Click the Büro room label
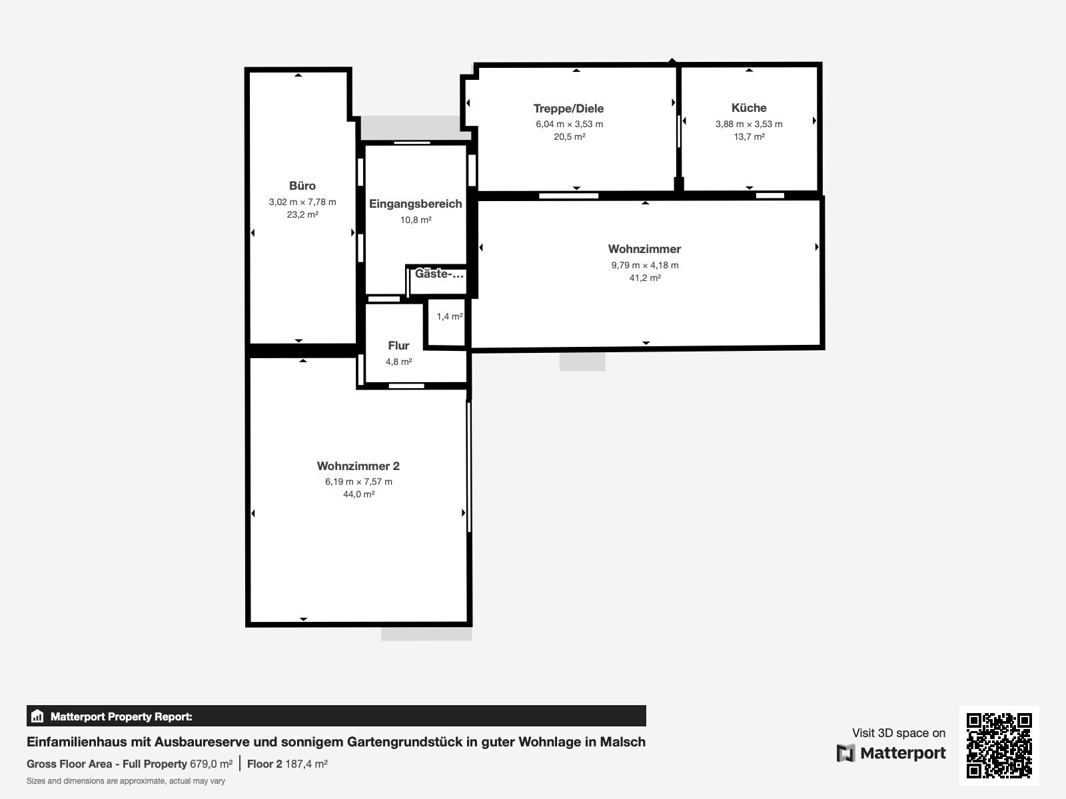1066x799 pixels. click(302, 186)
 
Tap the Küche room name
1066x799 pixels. click(749, 108)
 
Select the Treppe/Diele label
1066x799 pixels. click(569, 109)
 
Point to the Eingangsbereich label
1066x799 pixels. click(415, 204)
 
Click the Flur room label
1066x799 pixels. click(398, 346)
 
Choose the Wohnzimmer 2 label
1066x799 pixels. click(358, 466)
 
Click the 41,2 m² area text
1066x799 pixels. click(645, 278)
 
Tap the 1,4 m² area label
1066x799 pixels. click(449, 316)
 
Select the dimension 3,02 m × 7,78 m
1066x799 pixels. click(302, 202)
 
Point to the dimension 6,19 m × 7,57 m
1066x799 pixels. click(359, 481)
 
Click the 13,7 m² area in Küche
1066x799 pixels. click(749, 136)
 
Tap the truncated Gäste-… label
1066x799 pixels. click(439, 274)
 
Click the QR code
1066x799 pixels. click(999, 745)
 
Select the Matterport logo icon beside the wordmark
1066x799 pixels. click(845, 753)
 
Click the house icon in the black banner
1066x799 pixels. click(37, 716)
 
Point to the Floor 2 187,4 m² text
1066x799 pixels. click(287, 764)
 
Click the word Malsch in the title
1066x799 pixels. click(622, 742)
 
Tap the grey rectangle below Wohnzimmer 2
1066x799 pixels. click(426, 634)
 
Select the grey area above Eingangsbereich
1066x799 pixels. click(411, 128)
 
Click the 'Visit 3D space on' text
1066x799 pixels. click(899, 733)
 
